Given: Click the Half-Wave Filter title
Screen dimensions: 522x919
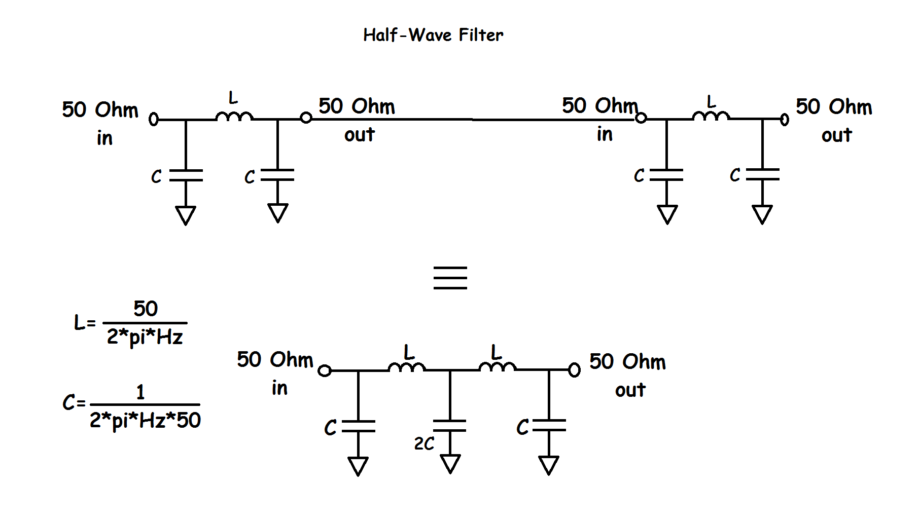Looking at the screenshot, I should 433,35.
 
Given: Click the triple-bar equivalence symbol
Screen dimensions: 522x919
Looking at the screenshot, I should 450,278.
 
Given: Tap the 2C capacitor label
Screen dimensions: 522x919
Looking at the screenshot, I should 424,444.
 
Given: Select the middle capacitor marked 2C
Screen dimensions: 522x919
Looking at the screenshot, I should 450,426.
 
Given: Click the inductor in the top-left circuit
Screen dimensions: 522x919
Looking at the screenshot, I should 234,117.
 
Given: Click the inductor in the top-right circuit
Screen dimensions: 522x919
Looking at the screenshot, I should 711,117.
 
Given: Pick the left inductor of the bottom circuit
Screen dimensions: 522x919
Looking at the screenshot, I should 407,367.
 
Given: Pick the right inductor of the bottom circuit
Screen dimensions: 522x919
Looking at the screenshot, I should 498,367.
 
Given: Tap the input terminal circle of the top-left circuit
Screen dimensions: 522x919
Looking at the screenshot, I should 154,120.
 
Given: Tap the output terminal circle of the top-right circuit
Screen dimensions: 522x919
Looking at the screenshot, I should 785,120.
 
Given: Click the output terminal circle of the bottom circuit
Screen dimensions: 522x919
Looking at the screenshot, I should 574,370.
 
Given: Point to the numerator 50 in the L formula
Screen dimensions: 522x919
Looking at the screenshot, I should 146,309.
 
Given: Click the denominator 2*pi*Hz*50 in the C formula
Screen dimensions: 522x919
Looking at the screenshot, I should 145,420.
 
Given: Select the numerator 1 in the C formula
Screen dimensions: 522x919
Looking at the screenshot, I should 140,392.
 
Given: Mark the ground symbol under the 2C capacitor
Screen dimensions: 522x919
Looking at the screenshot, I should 450,463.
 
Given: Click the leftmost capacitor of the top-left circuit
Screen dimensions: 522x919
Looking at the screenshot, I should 186,175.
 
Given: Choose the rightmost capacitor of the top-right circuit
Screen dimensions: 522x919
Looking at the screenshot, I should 762,175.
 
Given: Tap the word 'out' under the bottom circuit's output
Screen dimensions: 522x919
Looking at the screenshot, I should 630,390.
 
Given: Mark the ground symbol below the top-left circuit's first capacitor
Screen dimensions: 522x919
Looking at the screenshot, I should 186,215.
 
